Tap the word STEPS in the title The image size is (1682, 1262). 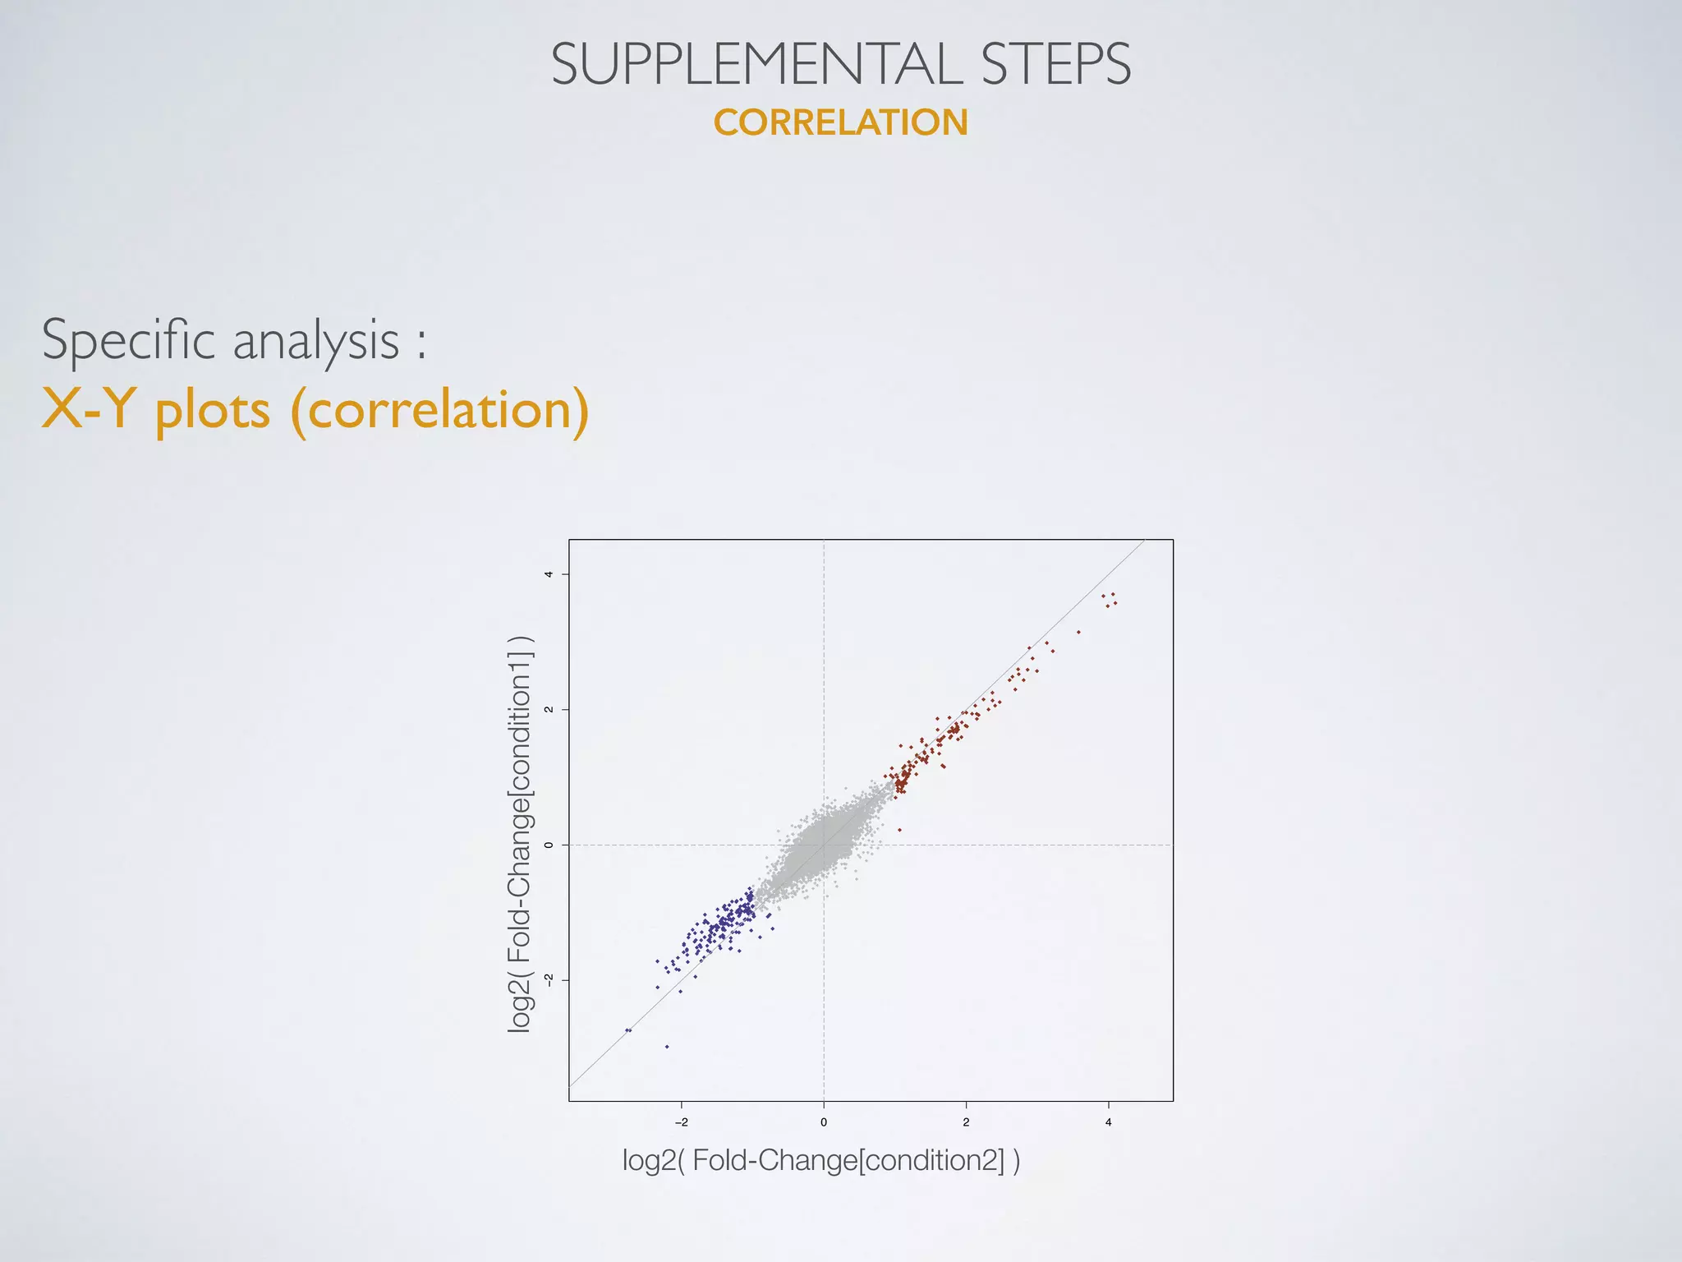tap(1056, 64)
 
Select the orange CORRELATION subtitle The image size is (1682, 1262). tap(840, 122)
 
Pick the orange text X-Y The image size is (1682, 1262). tap(85, 408)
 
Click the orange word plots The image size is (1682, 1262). tap(213, 410)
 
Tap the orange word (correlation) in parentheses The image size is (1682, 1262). tap(440, 410)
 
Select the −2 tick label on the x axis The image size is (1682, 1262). tap(681, 1122)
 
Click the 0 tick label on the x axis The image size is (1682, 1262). tap(824, 1122)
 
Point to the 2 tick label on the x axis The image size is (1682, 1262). tap(966, 1122)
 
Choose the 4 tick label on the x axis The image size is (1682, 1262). tap(1108, 1122)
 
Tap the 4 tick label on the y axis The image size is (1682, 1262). tap(549, 574)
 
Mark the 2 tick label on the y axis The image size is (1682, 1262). tap(549, 710)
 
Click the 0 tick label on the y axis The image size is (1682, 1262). tap(549, 845)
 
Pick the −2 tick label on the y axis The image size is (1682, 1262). tap(549, 979)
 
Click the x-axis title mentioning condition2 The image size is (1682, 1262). tap(820, 1160)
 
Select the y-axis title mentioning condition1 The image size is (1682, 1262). tap(520, 834)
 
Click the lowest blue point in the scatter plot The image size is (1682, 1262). tap(667, 1047)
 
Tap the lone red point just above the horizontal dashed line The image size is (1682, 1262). tap(899, 830)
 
